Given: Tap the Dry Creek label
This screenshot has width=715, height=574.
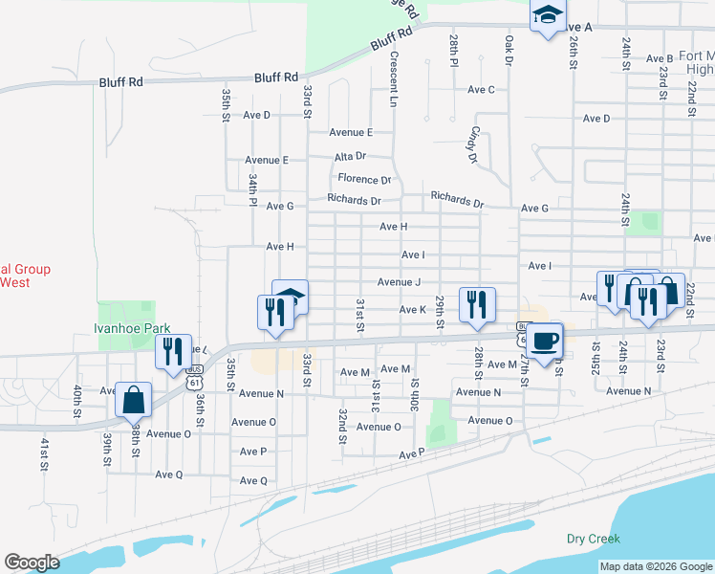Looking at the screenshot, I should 593,539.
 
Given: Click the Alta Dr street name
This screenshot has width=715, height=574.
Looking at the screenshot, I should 350,155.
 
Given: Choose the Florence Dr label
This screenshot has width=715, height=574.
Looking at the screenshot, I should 364,179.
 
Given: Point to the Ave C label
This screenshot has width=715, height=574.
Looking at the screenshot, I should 481,90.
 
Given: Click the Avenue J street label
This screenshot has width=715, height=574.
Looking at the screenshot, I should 399,282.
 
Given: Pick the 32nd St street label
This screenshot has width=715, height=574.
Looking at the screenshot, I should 342,426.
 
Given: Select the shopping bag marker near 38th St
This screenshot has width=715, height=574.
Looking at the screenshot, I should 134,399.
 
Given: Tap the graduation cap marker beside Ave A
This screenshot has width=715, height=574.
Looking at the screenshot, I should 548,16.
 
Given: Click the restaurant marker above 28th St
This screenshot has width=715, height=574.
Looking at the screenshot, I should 476,303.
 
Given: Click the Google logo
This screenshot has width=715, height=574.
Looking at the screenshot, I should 32,563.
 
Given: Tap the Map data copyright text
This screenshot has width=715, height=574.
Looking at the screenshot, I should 656,566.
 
